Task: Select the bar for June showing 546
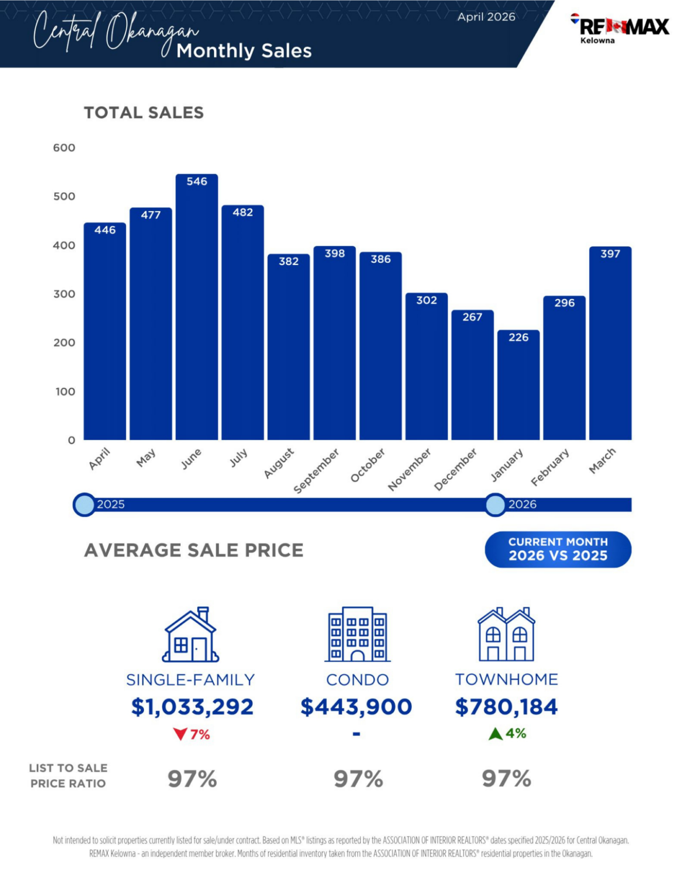[197, 309]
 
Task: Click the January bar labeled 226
[518, 387]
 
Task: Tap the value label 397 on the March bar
[610, 254]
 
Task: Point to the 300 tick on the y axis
[64, 294]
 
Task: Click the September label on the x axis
[316, 471]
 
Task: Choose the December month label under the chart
[456, 469]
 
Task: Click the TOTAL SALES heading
[144, 113]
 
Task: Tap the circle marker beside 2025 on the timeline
[84, 504]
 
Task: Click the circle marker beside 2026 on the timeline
[495, 504]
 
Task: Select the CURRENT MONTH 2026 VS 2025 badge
[558, 549]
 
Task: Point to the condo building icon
[357, 635]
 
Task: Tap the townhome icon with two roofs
[506, 635]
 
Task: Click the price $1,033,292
[192, 707]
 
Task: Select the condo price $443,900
[356, 707]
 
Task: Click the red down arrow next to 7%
[180, 734]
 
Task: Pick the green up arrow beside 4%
[496, 734]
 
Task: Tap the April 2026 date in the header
[486, 17]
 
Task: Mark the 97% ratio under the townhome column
[506, 778]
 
